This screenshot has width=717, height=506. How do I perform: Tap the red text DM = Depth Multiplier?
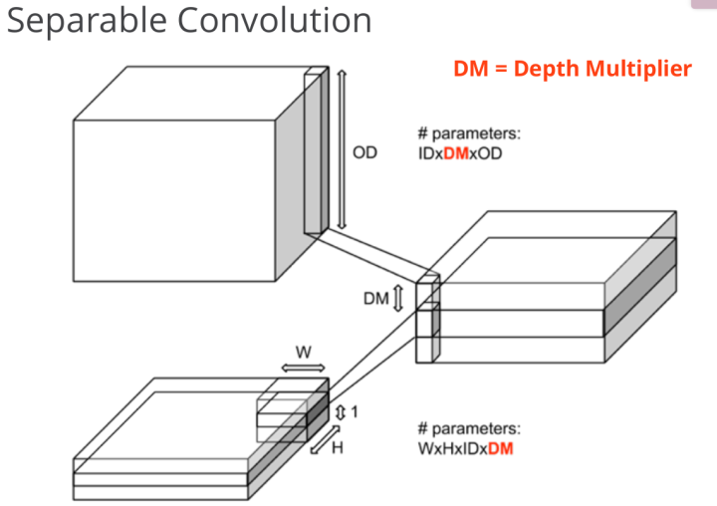tap(572, 69)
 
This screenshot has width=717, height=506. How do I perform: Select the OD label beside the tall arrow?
tap(365, 153)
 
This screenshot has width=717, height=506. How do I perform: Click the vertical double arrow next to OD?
tap(343, 150)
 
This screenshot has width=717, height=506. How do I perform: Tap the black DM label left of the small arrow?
tap(375, 297)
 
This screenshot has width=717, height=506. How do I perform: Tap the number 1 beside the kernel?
tap(354, 411)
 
